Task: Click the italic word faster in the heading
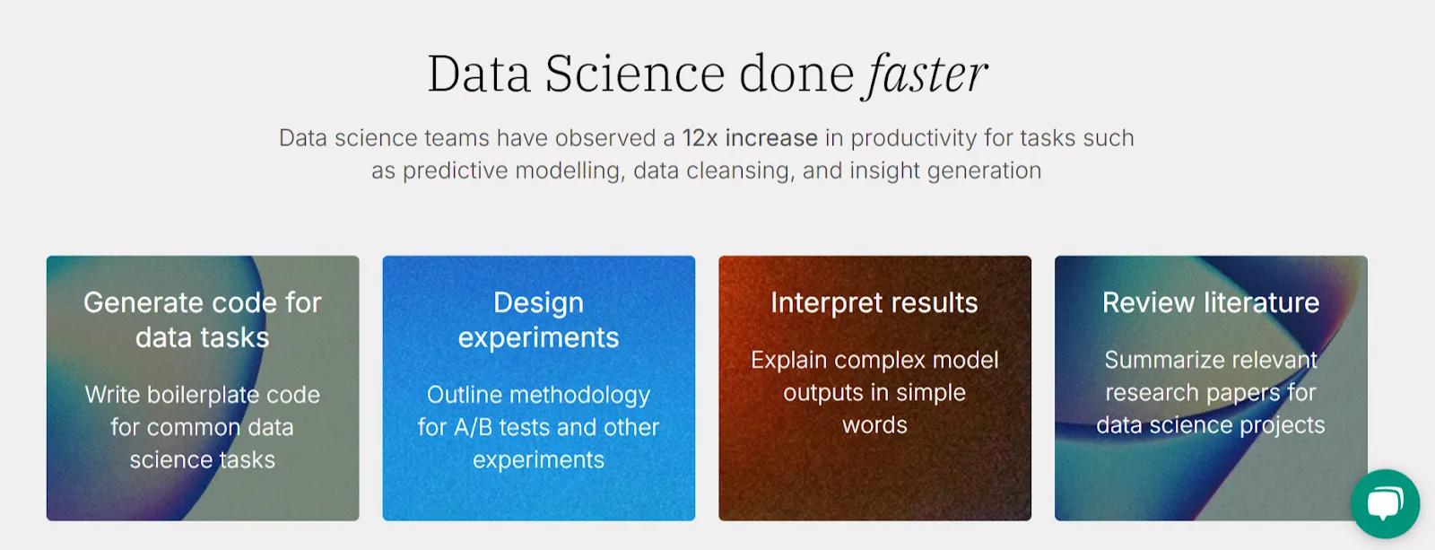(x=926, y=74)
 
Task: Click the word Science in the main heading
(x=634, y=74)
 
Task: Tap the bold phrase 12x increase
(x=750, y=138)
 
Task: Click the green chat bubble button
(x=1385, y=502)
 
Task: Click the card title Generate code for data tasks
(x=203, y=319)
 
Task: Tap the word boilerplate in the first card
(x=204, y=395)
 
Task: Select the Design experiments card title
(x=538, y=319)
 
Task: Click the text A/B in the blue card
(x=473, y=427)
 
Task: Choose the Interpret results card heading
(x=874, y=303)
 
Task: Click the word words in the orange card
(x=874, y=425)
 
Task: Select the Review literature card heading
(x=1211, y=303)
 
